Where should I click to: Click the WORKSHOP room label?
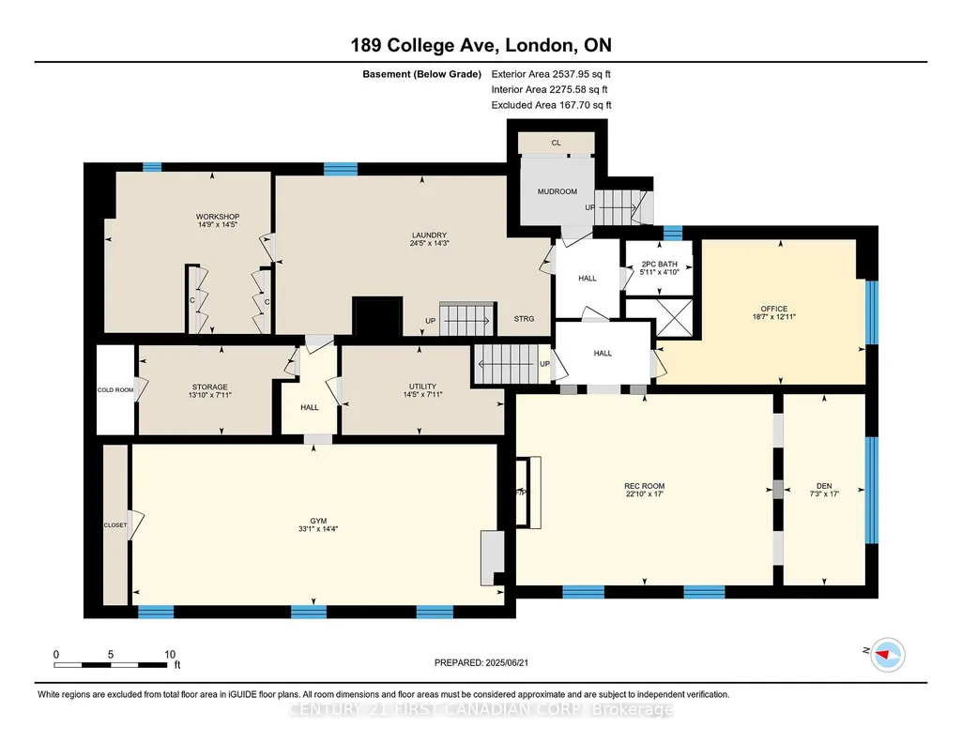[x=217, y=217]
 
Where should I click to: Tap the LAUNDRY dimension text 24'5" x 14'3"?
[x=430, y=243]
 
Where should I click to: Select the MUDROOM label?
[x=557, y=191]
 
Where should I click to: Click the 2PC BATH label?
[x=660, y=265]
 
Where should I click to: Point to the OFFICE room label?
[x=774, y=309]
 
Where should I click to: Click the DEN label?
[x=824, y=486]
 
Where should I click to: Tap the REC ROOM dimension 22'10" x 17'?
[x=645, y=494]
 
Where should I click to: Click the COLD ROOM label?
[x=115, y=390]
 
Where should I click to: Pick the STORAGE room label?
[x=210, y=387]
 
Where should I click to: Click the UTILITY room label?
[x=422, y=387]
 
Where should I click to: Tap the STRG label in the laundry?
[x=524, y=319]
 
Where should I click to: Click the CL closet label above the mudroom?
[x=556, y=143]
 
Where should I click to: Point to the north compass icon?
[x=888, y=655]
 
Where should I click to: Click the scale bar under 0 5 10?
[x=111, y=665]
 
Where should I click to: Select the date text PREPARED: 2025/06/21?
[x=481, y=662]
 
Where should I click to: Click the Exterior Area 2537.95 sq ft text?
[x=551, y=74]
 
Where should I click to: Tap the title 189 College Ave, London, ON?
[x=481, y=45]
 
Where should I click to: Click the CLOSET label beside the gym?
[x=115, y=525]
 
